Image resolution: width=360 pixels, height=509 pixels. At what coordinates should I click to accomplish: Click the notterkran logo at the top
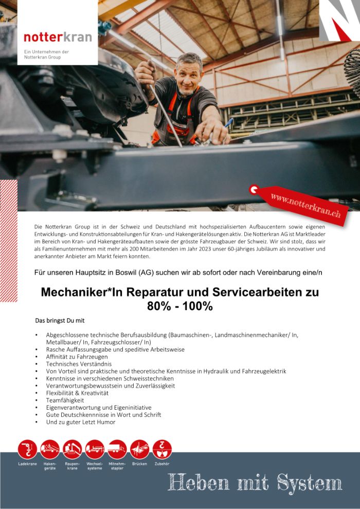click(x=58, y=37)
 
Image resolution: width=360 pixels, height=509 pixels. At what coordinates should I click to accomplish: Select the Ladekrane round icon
click(x=27, y=449)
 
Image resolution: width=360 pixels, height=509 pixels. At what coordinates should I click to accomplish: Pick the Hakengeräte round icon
click(x=50, y=449)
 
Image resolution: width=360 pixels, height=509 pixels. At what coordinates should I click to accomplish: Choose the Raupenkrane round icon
click(x=72, y=449)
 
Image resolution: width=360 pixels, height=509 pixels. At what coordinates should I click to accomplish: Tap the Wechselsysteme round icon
click(x=95, y=449)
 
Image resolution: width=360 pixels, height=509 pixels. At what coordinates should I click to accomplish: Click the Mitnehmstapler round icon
click(x=117, y=449)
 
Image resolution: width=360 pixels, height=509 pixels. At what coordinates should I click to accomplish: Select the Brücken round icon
click(x=139, y=449)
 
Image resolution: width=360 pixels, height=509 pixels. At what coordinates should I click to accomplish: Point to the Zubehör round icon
click(x=162, y=449)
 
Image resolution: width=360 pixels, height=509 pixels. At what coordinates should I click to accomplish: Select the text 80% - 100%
click(x=179, y=306)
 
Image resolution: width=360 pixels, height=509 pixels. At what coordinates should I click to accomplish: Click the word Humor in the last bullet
click(x=105, y=422)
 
